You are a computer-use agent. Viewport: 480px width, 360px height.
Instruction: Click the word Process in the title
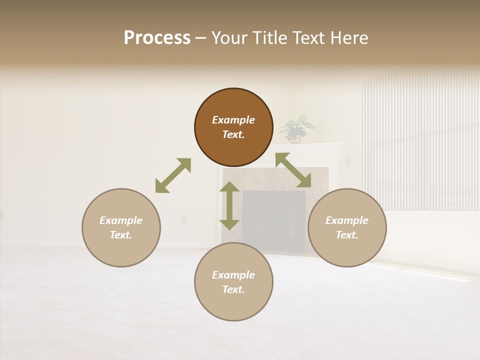coord(157,38)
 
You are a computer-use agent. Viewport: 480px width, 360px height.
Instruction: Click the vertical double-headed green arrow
coord(229,205)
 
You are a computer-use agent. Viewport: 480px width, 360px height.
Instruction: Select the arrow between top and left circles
coord(173,175)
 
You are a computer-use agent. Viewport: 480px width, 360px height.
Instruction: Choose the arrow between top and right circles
coord(293,170)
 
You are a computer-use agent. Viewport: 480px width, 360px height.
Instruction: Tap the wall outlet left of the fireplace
coord(183,219)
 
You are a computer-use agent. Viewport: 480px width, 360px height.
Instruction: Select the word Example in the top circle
coord(233,120)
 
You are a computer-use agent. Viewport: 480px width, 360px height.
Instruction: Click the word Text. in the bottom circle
coord(233,289)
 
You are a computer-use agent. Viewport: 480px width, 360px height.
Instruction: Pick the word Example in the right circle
coord(347,220)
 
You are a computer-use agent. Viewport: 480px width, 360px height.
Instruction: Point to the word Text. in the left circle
coord(121,235)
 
